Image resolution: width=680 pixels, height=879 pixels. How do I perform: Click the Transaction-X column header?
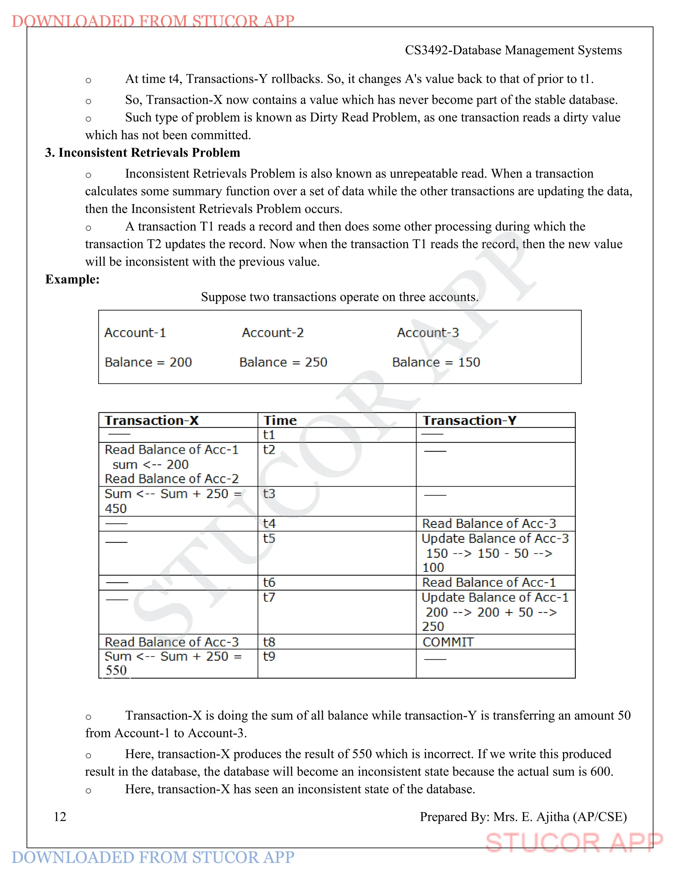tap(151, 421)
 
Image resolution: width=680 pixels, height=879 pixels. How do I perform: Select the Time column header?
tap(280, 421)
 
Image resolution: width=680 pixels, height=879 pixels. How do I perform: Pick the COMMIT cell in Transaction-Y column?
tap(448, 642)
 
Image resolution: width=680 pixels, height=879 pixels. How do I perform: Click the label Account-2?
tap(273, 333)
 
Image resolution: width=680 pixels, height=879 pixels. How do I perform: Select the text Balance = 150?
tap(436, 362)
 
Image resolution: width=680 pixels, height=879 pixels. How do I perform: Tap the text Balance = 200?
tap(148, 362)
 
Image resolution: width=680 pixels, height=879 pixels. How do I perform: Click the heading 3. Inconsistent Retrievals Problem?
tap(142, 153)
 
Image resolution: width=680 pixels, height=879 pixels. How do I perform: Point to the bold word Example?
tap(72, 279)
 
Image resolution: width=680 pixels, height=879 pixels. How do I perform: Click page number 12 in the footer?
tap(60, 817)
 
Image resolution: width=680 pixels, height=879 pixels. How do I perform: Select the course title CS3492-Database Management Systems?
tap(513, 50)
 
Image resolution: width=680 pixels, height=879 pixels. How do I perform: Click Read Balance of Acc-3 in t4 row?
tap(489, 524)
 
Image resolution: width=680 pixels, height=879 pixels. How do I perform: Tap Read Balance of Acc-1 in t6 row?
tap(489, 582)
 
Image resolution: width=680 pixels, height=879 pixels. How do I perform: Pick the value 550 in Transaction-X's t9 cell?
tap(116, 670)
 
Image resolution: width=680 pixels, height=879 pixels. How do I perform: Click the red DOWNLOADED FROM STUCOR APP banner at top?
tap(153, 21)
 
